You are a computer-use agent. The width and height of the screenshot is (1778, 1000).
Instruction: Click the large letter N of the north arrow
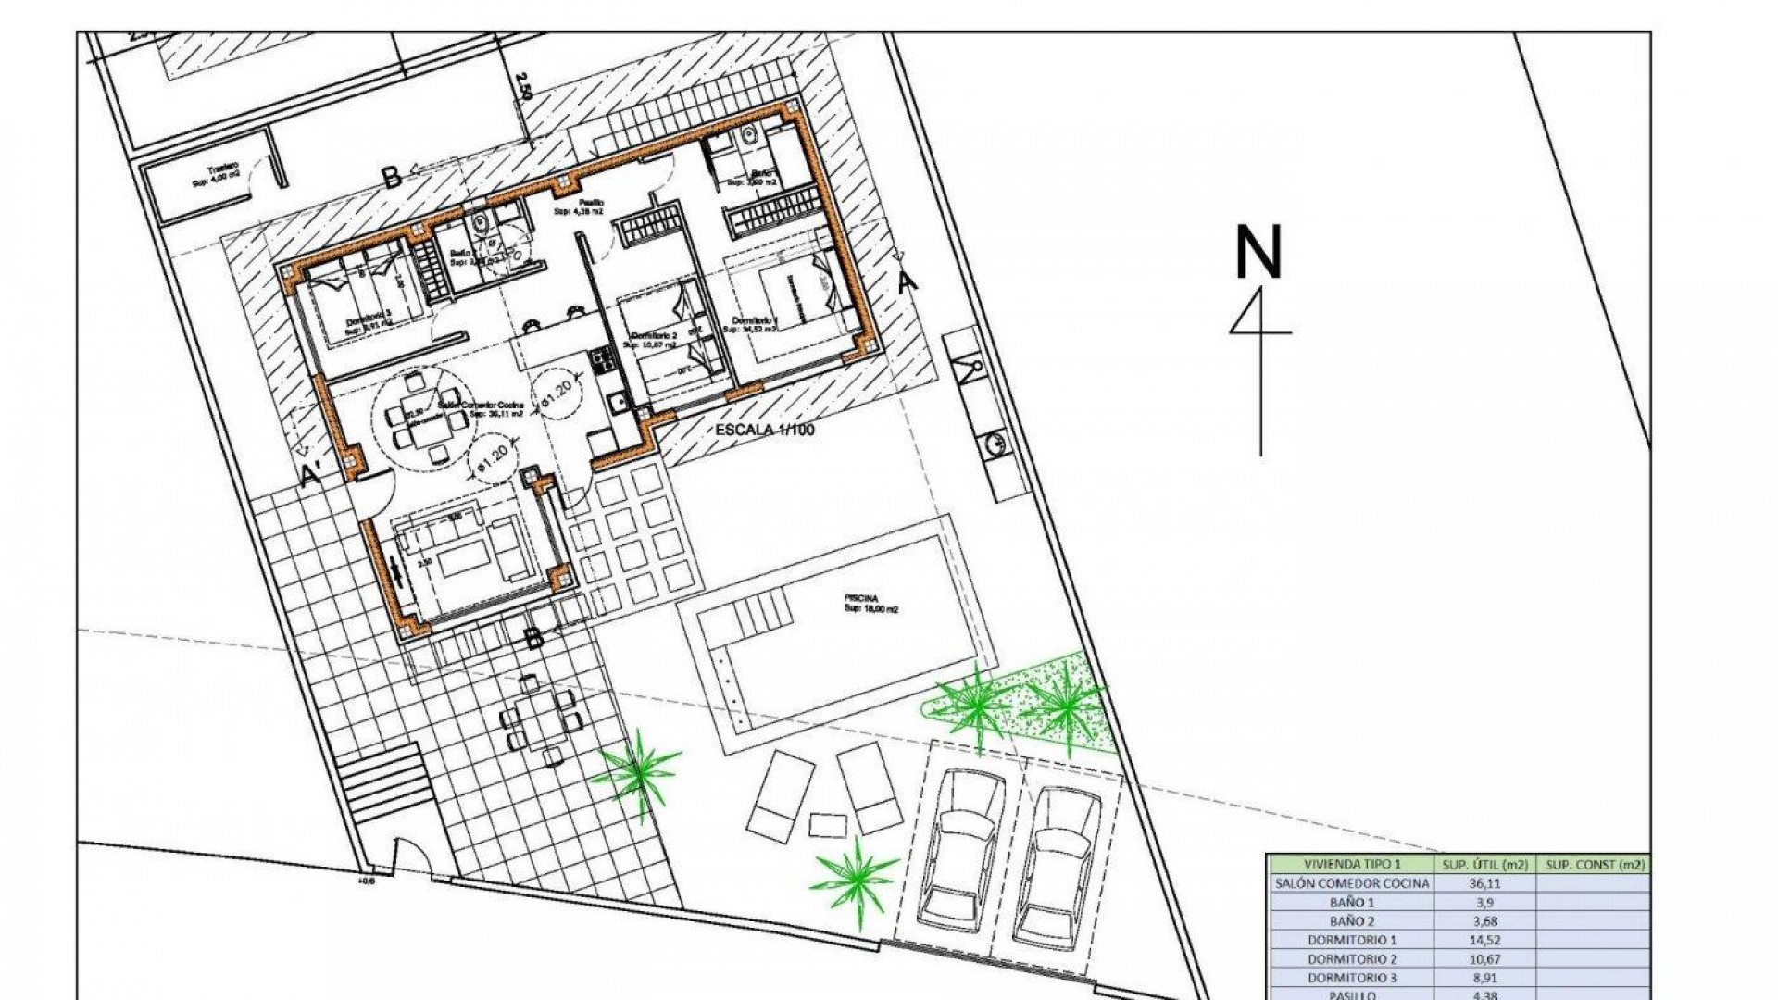point(1259,252)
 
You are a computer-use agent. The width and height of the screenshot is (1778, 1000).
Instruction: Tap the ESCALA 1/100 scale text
point(765,431)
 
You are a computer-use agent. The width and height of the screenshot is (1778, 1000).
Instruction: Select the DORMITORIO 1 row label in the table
point(1352,940)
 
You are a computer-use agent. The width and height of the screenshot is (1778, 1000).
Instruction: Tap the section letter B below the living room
point(534,637)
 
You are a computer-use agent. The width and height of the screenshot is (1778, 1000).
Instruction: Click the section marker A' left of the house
point(312,475)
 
